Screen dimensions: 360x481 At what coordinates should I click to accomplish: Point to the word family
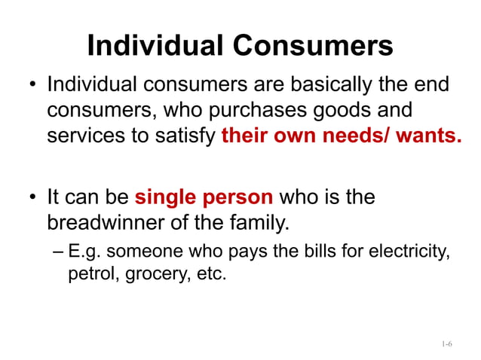coord(265,224)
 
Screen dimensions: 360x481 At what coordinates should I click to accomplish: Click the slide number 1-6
coord(446,344)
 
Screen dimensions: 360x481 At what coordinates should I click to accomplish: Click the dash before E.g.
coord(60,252)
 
